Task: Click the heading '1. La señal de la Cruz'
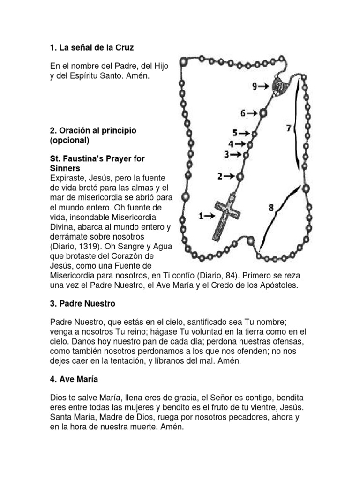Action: pyautogui.click(x=95, y=48)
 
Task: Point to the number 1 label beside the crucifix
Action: pyautogui.click(x=201, y=216)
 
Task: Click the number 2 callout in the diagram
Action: pyautogui.click(x=219, y=176)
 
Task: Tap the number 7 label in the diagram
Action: pyautogui.click(x=289, y=127)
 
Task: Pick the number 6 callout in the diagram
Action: pyautogui.click(x=243, y=113)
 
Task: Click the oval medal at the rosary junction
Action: pyautogui.click(x=279, y=86)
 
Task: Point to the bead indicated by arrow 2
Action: pyautogui.click(x=240, y=176)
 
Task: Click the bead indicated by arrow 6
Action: pyautogui.click(x=263, y=113)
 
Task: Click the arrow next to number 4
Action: pyautogui.click(x=240, y=144)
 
